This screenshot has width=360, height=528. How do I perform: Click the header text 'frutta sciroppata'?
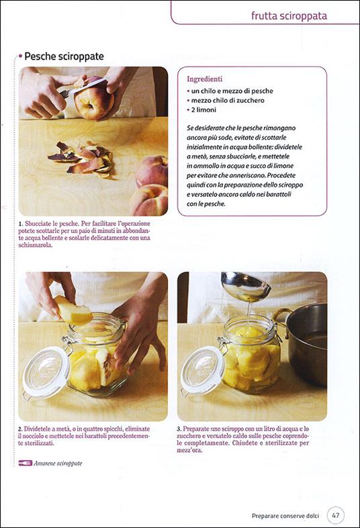[289, 15]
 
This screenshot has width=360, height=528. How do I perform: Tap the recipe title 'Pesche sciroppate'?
[64, 56]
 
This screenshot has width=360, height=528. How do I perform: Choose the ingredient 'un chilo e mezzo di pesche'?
[232, 91]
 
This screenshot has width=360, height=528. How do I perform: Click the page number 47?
[336, 515]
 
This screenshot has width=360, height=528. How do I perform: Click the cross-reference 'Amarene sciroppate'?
[58, 463]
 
